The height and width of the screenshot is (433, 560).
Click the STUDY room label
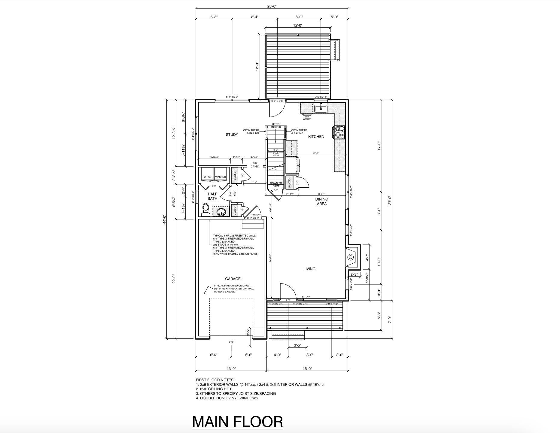pyautogui.click(x=232, y=135)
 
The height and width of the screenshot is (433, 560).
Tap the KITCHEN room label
pyautogui.click(x=316, y=137)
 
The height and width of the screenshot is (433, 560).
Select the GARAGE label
pyautogui.click(x=233, y=279)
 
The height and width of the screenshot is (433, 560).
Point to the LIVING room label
pyautogui.click(x=309, y=269)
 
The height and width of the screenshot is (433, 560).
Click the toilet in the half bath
pyautogui.click(x=206, y=210)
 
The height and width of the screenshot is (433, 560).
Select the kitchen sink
pyautogui.click(x=321, y=108)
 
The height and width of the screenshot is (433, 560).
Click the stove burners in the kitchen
pyautogui.click(x=339, y=132)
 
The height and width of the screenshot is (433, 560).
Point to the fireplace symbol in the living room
pyautogui.click(x=351, y=257)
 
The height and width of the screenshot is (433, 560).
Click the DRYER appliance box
pyautogui.click(x=208, y=177)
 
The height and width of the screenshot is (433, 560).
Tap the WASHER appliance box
pyautogui.click(x=221, y=177)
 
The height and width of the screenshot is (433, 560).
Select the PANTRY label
pyautogui.click(x=289, y=183)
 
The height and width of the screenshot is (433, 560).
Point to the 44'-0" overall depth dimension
pyautogui.click(x=164, y=219)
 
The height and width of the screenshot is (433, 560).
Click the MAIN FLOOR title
pyautogui.click(x=237, y=422)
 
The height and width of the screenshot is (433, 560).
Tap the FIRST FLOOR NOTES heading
pyautogui.click(x=215, y=380)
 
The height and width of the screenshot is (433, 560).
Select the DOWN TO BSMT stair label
pyautogui.click(x=276, y=185)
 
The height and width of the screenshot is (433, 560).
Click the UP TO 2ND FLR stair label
pyautogui.click(x=275, y=126)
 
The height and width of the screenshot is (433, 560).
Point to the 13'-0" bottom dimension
pyautogui.click(x=231, y=369)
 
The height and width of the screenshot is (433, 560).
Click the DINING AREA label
pyautogui.click(x=321, y=201)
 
